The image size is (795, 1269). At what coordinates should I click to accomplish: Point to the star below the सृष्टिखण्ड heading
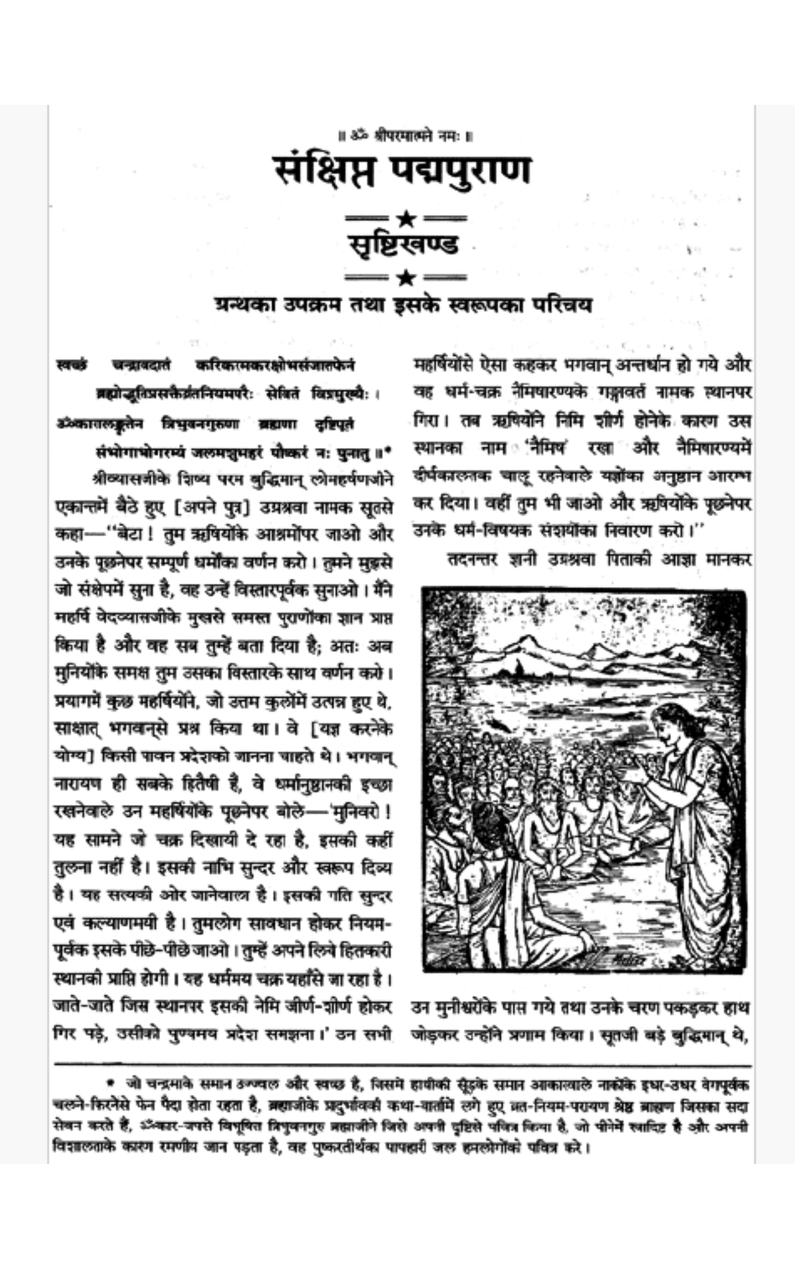pyautogui.click(x=404, y=277)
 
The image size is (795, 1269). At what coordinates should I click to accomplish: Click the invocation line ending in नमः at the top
pyautogui.click(x=404, y=135)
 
